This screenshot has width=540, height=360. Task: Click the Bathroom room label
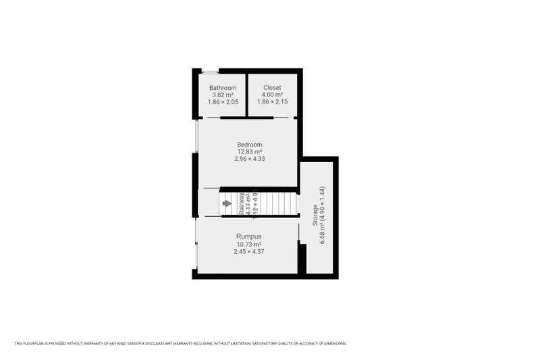(x=223, y=88)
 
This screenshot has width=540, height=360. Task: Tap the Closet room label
(x=273, y=88)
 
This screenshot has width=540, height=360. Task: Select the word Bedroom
(x=249, y=145)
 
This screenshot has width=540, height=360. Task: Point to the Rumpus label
(x=248, y=236)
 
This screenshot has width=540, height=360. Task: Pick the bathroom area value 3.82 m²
(x=223, y=95)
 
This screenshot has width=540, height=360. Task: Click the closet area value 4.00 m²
(x=273, y=95)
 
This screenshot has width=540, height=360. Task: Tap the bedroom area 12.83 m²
(x=249, y=152)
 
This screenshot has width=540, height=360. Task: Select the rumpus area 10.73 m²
(x=248, y=244)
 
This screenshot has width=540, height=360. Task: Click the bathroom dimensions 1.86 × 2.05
(x=223, y=103)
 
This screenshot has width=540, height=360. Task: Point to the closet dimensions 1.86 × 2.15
(x=273, y=103)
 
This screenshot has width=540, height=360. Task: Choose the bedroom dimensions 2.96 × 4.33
(x=249, y=159)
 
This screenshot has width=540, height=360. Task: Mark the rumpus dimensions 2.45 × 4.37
(x=248, y=251)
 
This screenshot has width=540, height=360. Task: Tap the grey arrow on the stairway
(x=227, y=203)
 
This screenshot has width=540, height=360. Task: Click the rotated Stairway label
(x=241, y=203)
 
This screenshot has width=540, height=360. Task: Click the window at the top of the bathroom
(x=210, y=71)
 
